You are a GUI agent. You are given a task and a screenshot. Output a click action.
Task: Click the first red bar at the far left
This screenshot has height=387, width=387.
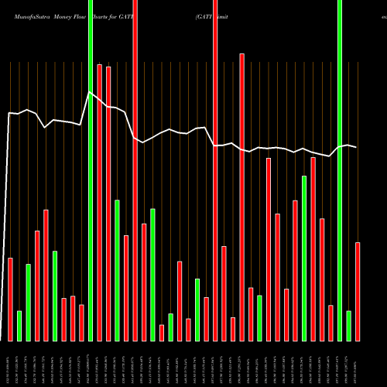[x=10, y=299]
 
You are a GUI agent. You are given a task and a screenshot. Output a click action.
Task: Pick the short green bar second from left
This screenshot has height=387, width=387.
[x=19, y=325]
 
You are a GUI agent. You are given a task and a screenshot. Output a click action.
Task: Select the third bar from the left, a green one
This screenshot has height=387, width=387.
[x=29, y=302]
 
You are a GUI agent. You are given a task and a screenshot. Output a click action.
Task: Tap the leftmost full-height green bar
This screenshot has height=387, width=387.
[x=91, y=170]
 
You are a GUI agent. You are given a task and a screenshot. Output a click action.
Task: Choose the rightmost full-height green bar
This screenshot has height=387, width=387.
[x=340, y=170]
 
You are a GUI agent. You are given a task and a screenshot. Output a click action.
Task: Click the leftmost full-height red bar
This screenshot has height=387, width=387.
[x=135, y=170]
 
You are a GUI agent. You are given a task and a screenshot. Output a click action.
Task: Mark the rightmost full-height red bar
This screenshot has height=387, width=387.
[x=215, y=170]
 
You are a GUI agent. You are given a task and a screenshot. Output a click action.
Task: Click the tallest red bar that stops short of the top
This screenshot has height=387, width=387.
[x=242, y=197]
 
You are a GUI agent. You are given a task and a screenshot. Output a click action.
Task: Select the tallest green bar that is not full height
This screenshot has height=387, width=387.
[x=304, y=258]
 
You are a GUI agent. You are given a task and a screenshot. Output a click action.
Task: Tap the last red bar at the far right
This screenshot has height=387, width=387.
[x=358, y=291]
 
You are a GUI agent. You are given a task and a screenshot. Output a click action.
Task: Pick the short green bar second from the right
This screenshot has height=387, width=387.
[x=349, y=325]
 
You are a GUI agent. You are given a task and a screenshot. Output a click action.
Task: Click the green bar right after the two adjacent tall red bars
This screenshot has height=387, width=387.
[x=118, y=269]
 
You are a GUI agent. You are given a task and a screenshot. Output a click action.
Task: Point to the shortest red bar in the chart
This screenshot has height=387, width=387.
[x=162, y=333]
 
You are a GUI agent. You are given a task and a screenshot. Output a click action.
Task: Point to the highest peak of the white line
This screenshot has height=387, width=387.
[x=91, y=92]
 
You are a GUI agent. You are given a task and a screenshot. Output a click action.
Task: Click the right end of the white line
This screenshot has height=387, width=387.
[x=356, y=147]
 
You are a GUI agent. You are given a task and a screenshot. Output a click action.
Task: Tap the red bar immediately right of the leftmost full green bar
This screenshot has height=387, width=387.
[x=100, y=202]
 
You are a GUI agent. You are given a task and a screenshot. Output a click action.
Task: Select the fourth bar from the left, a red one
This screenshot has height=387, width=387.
[x=37, y=286]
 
